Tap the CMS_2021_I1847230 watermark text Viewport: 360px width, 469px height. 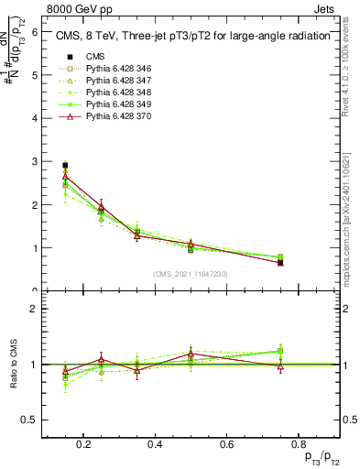coord(191,273)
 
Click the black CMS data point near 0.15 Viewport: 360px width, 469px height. coord(65,165)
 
